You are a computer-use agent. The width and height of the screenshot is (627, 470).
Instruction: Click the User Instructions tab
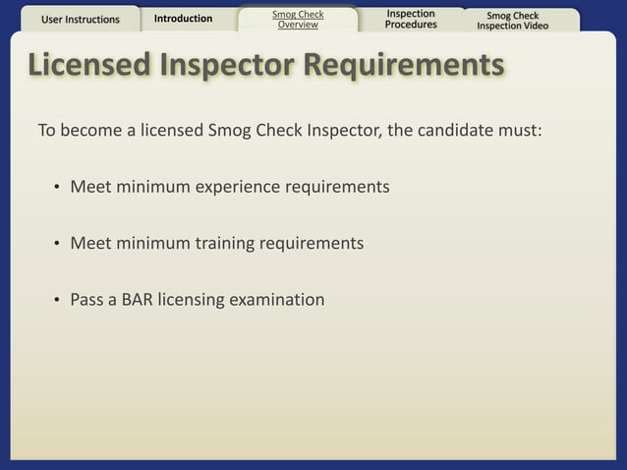pyautogui.click(x=81, y=19)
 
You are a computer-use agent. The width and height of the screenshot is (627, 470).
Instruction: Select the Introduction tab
pyautogui.click(x=183, y=19)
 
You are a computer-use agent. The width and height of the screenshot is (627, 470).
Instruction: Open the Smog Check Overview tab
pyautogui.click(x=297, y=20)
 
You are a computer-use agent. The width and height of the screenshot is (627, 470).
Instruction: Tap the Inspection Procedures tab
pyautogui.click(x=411, y=19)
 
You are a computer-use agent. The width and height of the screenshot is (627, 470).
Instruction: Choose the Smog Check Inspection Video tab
pyautogui.click(x=512, y=21)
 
